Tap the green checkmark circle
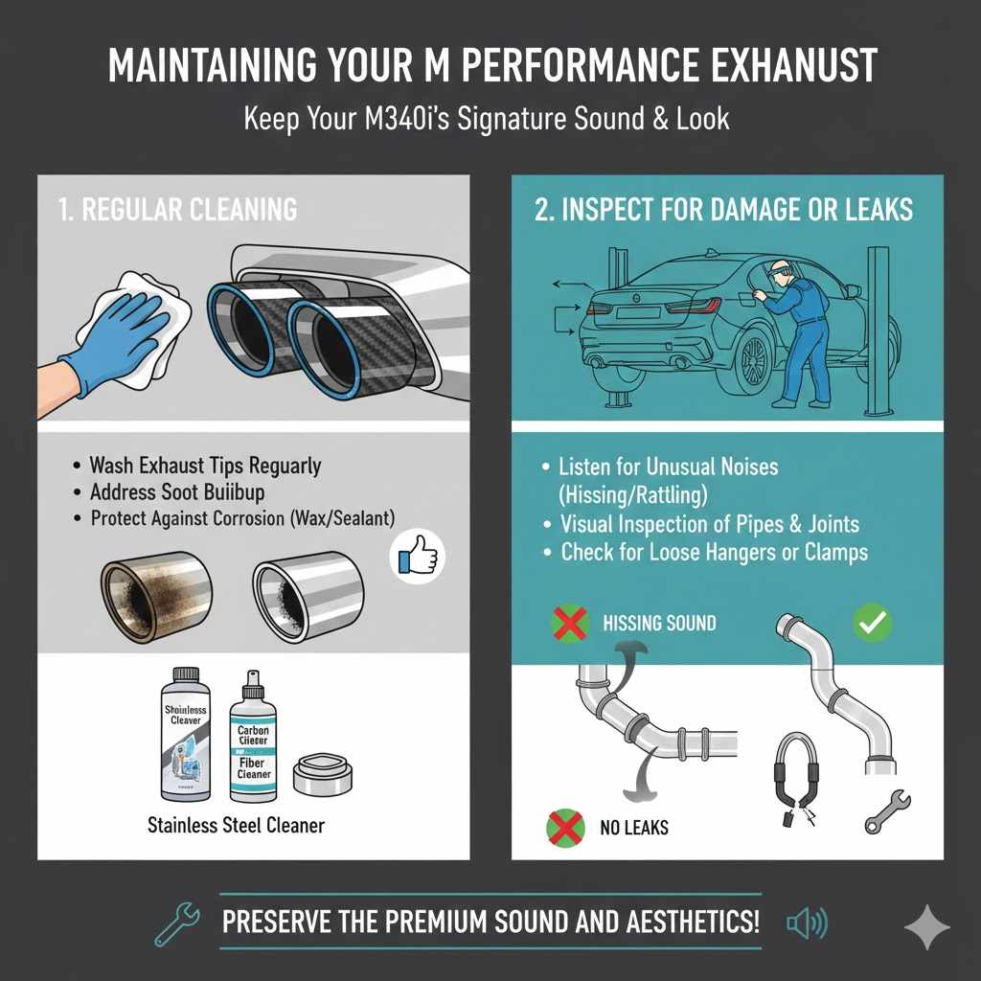tap(872, 624)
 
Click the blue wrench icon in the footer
tap(177, 924)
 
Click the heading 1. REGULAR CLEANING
tap(177, 210)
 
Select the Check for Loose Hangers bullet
tap(714, 553)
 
